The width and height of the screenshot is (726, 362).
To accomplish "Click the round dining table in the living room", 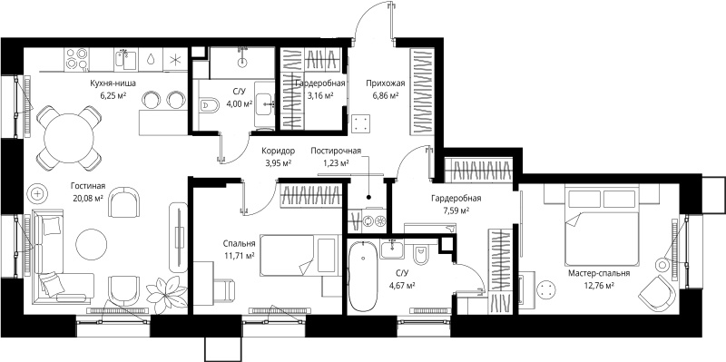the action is click(69, 138).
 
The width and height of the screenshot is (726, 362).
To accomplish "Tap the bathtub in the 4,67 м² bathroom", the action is click(363, 276).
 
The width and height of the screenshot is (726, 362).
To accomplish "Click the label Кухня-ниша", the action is click(113, 83).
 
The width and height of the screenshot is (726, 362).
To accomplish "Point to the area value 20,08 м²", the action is click(88, 197).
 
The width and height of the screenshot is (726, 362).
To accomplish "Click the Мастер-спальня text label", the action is click(599, 274).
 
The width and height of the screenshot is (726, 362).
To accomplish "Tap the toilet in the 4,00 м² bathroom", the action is click(210, 105).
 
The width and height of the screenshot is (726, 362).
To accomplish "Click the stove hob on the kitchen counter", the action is click(76, 59).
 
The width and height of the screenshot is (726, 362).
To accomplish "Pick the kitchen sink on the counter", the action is click(125, 60).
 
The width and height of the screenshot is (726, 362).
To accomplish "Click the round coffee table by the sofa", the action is click(92, 244).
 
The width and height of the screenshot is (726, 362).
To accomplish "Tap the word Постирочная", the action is click(336, 151).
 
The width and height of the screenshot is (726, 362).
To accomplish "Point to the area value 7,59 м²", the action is click(456, 210).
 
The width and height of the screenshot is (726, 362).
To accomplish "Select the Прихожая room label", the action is click(385, 83).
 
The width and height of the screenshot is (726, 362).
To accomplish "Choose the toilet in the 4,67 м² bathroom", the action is click(421, 256).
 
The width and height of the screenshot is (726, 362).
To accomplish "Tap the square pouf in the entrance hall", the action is click(361, 123).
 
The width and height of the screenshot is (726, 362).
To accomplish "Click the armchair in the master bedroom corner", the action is click(656, 290).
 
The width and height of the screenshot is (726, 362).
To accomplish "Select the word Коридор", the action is click(278, 151).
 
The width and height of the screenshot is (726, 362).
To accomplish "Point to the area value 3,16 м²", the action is click(320, 96).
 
